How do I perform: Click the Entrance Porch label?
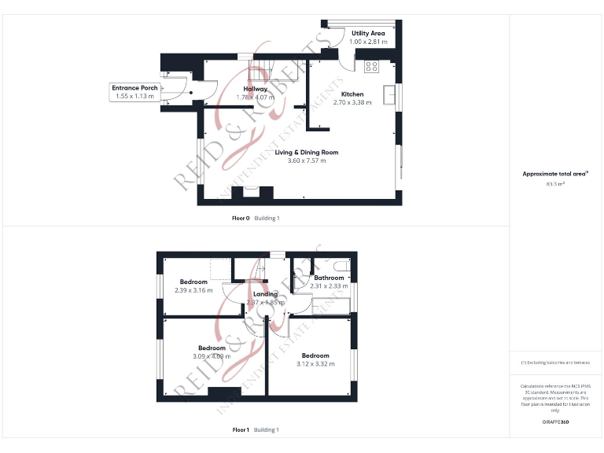coord(135,88)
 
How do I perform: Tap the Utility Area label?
coord(368,33)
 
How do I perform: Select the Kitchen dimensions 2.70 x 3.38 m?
coord(352,102)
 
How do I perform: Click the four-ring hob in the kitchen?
coord(371,66)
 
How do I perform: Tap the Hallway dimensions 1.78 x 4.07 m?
coord(255,98)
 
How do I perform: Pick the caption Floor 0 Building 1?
coord(255,218)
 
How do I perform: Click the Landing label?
coord(265,294)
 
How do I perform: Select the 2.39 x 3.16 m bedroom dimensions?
coord(193,290)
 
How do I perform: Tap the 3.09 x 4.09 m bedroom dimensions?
coord(212,356)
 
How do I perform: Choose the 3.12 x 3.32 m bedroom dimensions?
coord(315,363)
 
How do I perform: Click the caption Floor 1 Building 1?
coord(255,430)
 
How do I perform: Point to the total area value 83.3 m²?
coord(555,184)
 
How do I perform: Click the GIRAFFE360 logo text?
coord(555,422)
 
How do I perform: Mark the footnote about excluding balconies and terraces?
coord(555,363)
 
